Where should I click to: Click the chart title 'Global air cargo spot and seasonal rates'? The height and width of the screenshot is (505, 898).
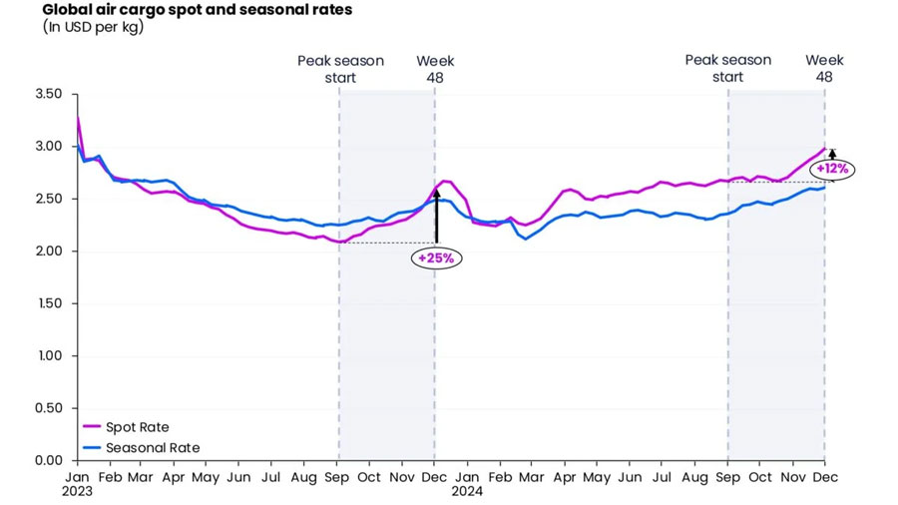click(197, 10)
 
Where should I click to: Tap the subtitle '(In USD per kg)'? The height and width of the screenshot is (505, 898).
click(93, 28)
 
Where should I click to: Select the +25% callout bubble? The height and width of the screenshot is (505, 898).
click(436, 257)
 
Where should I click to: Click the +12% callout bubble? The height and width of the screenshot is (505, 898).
click(832, 169)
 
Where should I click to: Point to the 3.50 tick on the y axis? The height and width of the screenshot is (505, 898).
click(49, 95)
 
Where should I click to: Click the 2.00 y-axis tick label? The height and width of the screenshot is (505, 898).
click(49, 252)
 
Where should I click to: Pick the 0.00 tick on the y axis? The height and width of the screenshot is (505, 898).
click(49, 460)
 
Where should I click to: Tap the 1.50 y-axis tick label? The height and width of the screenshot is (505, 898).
click(49, 303)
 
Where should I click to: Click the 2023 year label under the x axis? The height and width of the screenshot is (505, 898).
click(77, 491)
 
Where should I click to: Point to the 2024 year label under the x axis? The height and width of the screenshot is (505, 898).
click(466, 491)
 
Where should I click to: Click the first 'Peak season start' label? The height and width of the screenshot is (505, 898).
click(340, 69)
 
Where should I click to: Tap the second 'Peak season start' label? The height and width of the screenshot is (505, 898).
click(727, 69)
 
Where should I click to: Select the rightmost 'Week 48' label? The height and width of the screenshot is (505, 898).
click(824, 69)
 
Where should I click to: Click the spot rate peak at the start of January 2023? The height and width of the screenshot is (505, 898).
click(77, 118)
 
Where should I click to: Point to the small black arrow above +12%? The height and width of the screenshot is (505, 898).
click(832, 154)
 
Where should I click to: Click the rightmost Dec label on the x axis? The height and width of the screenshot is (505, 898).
click(824, 477)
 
